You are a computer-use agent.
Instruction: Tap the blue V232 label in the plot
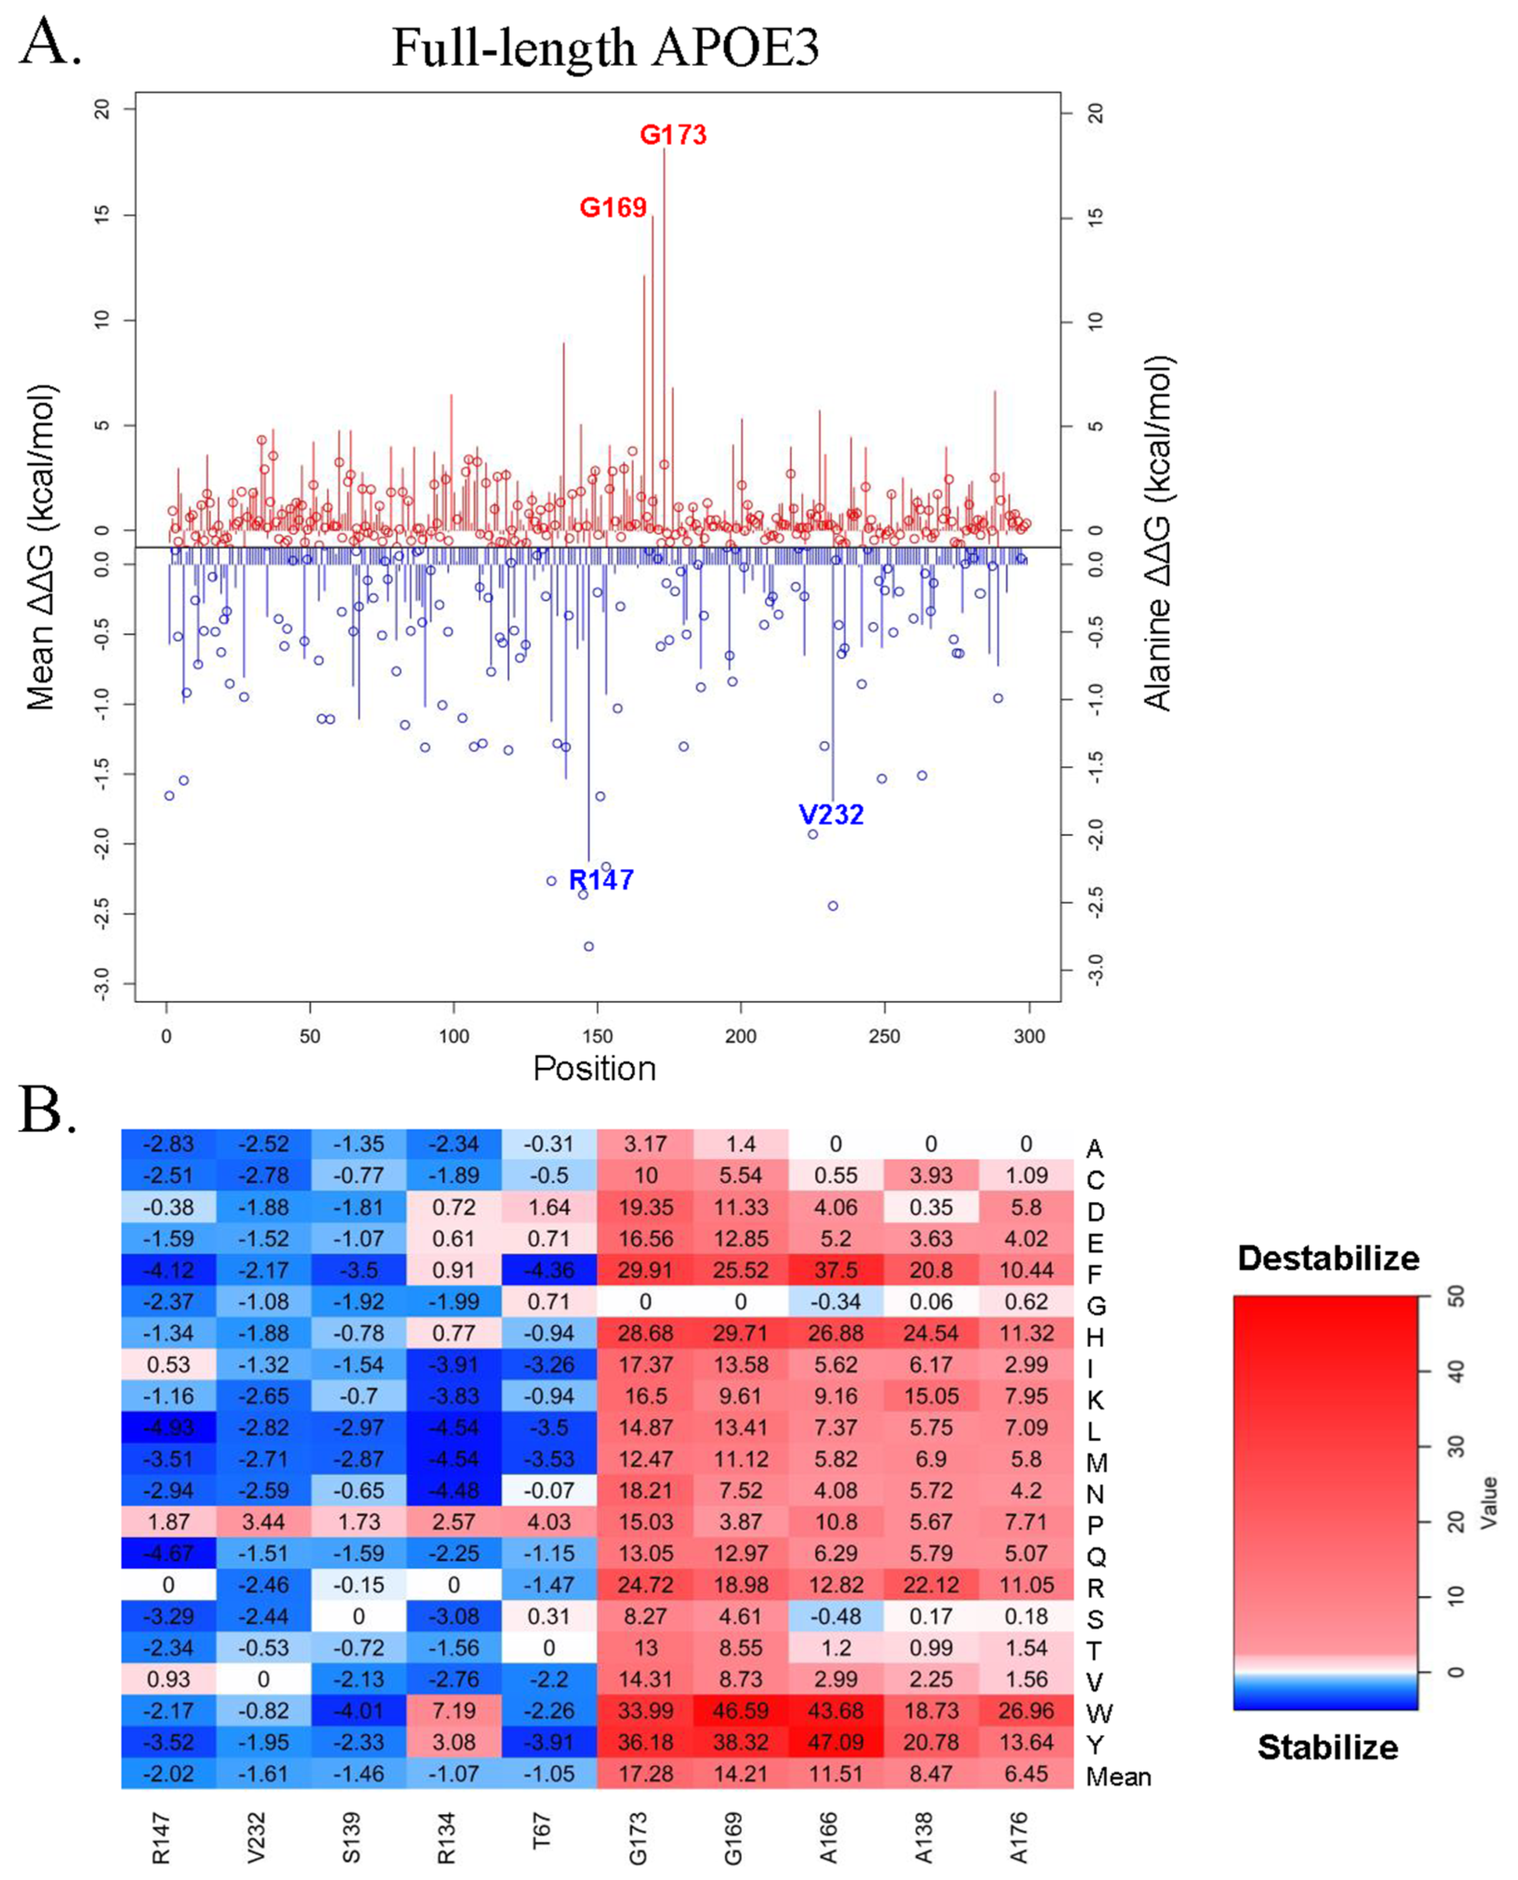tap(831, 814)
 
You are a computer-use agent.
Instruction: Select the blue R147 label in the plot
tap(601, 880)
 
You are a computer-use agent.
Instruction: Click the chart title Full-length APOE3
tap(605, 48)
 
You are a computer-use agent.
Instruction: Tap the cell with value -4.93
tap(169, 1427)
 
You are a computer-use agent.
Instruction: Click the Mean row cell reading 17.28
tap(645, 1773)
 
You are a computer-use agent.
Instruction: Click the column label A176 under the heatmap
tap(1018, 1838)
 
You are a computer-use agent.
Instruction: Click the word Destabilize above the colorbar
tap(1327, 1258)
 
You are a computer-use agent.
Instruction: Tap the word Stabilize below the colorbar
tap(1327, 1747)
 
